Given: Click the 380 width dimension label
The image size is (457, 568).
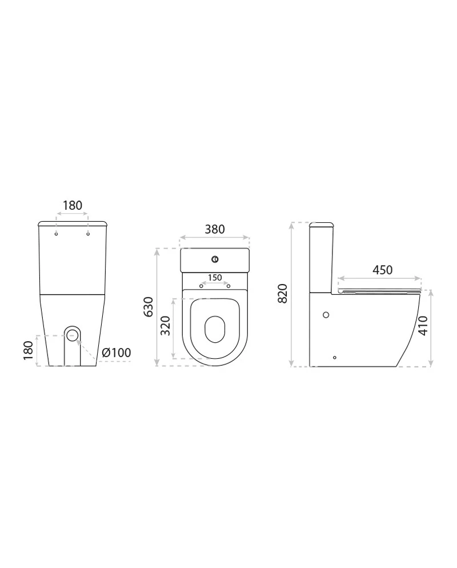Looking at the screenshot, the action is coord(215,229).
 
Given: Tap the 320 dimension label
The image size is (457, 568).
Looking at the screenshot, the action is coord(165,326).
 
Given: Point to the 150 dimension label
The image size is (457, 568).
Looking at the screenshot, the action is coord(215,278).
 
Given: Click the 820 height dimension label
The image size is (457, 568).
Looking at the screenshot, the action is coord(282,293).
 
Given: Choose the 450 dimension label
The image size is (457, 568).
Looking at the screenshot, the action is coord(382,270).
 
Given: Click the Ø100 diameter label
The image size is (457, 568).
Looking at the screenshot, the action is coord(116,353).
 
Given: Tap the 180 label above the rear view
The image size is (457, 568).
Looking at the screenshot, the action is coord(73,205).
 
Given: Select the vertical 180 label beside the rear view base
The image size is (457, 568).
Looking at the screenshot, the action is coord(28,350).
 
